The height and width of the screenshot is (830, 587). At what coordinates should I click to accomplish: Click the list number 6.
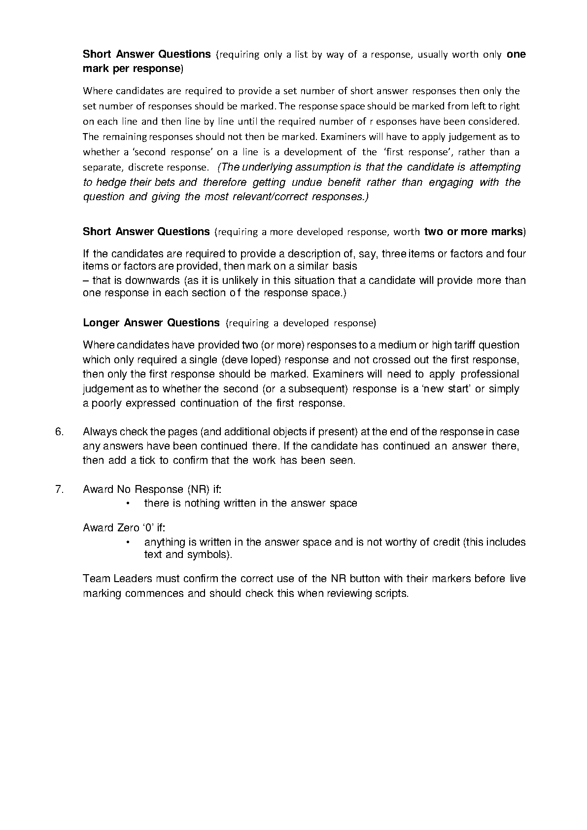coord(59,432)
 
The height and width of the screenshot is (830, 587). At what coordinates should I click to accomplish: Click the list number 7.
coord(59,489)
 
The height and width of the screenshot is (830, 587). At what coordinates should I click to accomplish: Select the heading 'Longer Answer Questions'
coord(151,323)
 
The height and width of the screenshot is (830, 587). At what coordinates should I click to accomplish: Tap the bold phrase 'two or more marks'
coord(473,232)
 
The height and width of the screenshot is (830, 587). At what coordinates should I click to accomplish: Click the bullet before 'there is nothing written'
coord(128,504)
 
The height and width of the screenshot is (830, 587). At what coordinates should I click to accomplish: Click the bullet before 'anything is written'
coord(128,542)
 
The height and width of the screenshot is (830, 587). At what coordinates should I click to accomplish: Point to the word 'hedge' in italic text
coord(111,182)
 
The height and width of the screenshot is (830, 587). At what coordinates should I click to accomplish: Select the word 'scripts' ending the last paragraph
coord(391,593)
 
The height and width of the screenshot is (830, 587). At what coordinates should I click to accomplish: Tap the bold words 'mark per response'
coord(131,69)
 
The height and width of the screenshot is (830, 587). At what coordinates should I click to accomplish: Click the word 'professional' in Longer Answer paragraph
coord(489,374)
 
